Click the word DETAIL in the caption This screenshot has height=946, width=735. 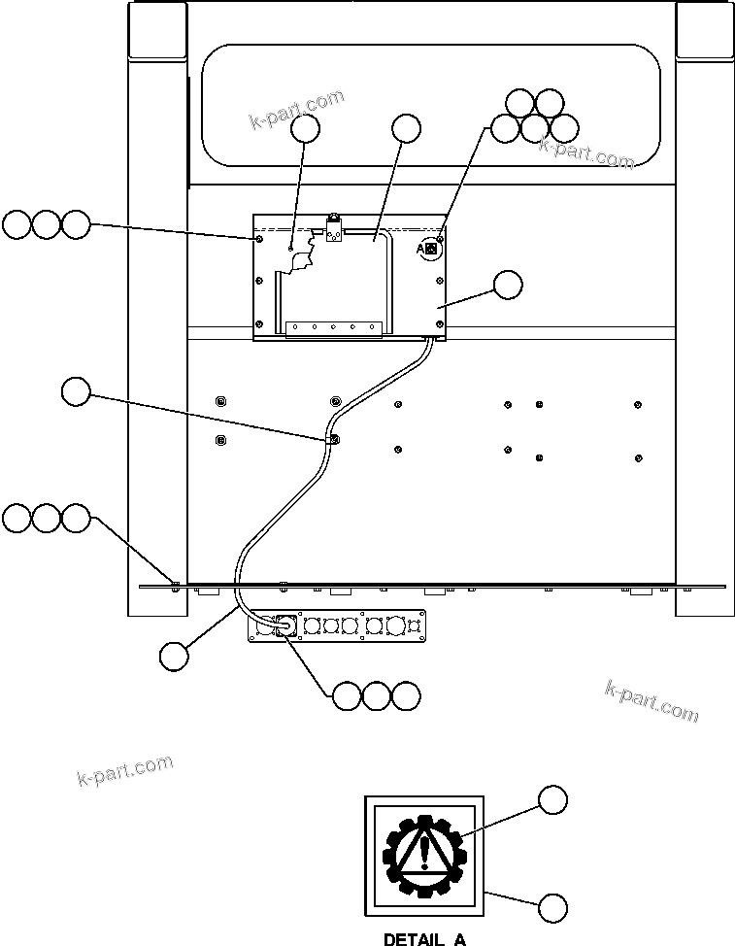point(411,939)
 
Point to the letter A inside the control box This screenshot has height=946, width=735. point(420,250)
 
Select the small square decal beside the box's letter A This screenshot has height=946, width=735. point(432,250)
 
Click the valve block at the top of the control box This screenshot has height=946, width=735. point(333,230)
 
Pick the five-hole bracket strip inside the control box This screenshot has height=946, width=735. point(333,327)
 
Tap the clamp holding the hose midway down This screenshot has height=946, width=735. point(333,439)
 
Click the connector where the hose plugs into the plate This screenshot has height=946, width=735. point(284,627)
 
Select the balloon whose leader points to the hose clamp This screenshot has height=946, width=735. point(76,391)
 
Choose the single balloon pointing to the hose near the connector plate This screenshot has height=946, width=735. point(174,656)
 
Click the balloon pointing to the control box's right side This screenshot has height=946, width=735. point(507,285)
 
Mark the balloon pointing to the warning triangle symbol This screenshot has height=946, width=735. point(552,799)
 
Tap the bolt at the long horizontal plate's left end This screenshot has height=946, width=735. point(175,585)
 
